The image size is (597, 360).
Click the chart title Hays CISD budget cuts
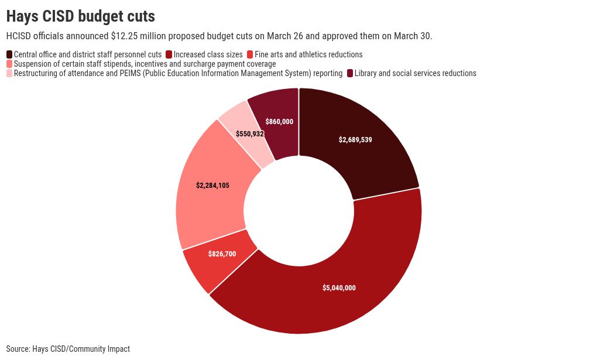pos(81,16)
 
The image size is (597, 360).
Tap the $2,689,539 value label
pos(355,140)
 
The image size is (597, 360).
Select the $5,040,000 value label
pos(339,287)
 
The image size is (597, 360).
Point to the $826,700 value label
pos(222,253)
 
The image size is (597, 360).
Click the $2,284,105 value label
pos(212,186)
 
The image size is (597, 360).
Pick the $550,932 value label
pos(250,133)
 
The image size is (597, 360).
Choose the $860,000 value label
pos(279,122)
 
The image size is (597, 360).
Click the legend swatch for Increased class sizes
pos(169,54)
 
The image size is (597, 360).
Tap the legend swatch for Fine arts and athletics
pos(250,54)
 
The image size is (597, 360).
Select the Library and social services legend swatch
pos(350,73)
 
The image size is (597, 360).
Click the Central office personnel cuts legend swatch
pos(9,54)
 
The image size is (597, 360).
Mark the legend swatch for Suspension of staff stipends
pos(9,64)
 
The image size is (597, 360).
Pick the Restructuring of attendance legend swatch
pos(9,73)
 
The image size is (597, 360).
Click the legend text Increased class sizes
pos(208,54)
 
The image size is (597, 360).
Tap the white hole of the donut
pos(299,211)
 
